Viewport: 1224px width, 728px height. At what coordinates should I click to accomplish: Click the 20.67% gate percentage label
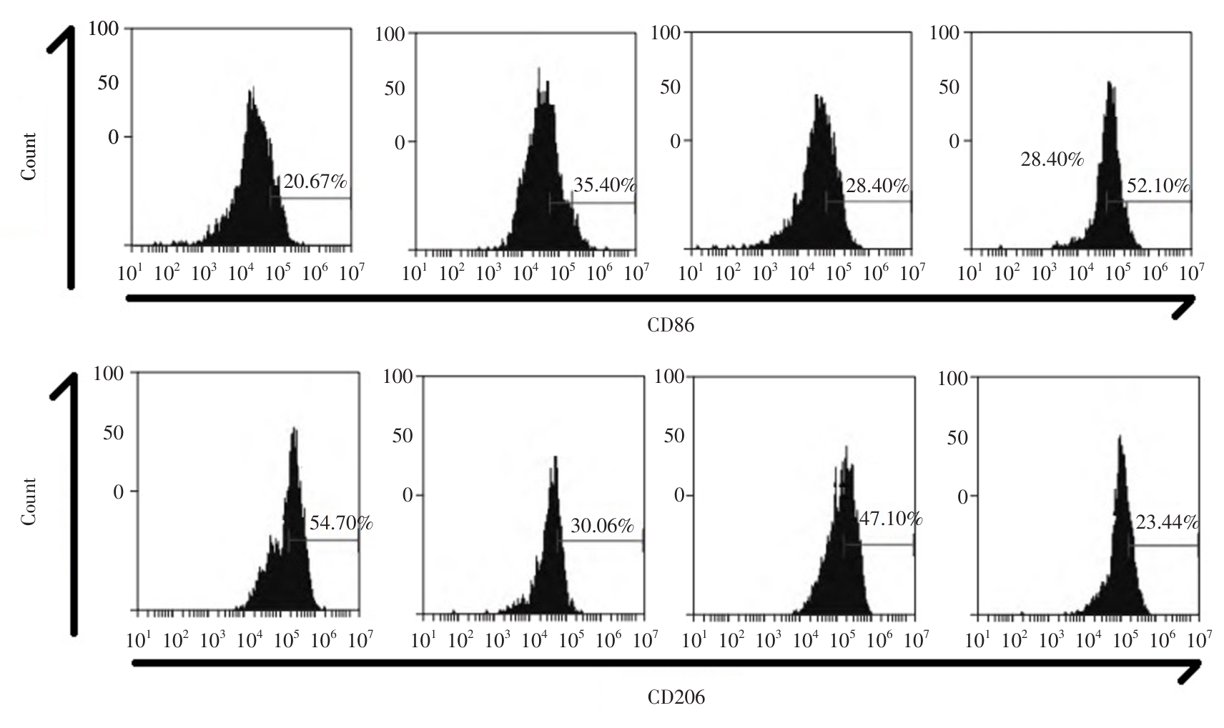[315, 182]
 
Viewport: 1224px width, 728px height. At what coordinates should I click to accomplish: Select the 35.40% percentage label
[604, 186]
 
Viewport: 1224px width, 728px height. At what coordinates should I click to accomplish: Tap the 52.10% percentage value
[1158, 186]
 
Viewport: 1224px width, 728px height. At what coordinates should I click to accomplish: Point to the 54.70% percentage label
[341, 523]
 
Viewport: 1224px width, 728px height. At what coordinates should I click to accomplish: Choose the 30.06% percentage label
[602, 527]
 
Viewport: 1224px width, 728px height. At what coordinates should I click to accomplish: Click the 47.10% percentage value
[890, 519]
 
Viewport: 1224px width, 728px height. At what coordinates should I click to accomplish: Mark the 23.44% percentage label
[1167, 523]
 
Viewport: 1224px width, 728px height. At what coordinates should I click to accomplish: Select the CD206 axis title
[676, 697]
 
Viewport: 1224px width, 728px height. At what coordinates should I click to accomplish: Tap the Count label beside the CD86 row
[29, 156]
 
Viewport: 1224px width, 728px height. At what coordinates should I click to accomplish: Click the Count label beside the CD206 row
[29, 502]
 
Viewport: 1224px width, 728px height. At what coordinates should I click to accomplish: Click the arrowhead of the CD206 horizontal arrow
[1194, 668]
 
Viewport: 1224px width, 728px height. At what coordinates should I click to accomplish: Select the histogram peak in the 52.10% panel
[1110, 84]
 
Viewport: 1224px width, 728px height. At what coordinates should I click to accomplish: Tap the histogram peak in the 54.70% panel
[294, 430]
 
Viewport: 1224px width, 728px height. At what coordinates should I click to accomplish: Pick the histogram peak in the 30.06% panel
[555, 458]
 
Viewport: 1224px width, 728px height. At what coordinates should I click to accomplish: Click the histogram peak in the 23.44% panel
[1120, 438]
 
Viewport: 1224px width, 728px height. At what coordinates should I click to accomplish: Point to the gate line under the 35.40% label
[591, 203]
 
